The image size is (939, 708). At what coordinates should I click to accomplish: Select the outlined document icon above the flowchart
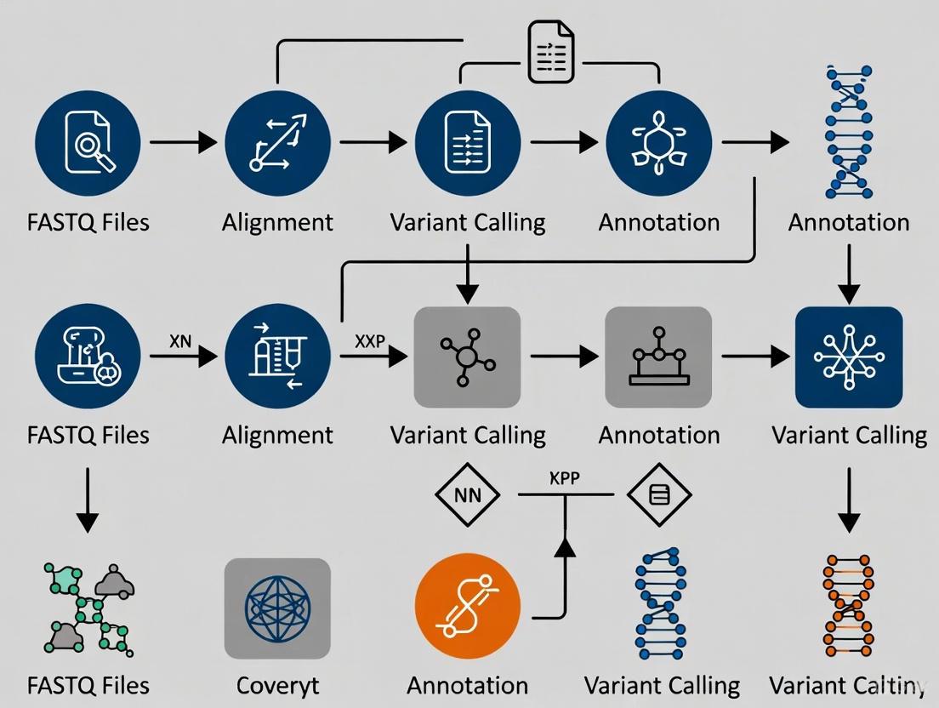[551, 53]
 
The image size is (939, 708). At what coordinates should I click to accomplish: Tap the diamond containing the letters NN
[467, 494]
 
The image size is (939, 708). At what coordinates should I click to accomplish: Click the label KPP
[565, 478]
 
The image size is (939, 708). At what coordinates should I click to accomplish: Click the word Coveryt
[277, 685]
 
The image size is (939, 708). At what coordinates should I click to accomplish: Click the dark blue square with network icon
[848, 357]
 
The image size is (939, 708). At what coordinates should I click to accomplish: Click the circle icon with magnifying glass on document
[88, 143]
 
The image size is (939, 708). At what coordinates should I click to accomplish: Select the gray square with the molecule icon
[467, 357]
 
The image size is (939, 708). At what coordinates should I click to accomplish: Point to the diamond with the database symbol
[659, 494]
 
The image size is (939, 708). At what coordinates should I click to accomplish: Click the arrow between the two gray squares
[563, 357]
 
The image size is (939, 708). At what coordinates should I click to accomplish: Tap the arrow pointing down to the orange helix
[848, 502]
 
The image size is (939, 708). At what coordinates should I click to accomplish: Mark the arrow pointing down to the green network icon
[88, 502]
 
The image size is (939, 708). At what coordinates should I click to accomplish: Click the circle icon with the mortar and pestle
[88, 357]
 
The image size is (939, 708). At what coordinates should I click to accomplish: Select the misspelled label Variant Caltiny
[847, 685]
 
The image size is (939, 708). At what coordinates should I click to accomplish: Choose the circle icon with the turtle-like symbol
[659, 143]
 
